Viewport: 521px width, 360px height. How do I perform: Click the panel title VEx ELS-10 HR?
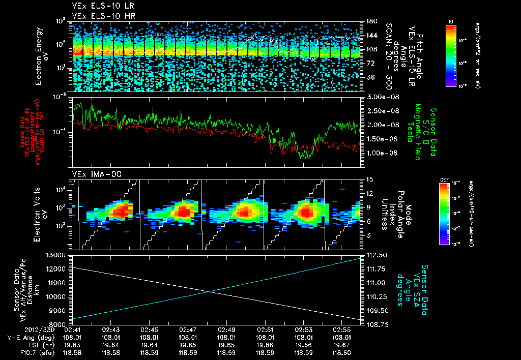pyautogui.click(x=98, y=16)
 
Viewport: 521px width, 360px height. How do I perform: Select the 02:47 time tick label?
pyautogui.click(x=188, y=329)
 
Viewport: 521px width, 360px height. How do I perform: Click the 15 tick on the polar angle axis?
pyautogui.click(x=366, y=179)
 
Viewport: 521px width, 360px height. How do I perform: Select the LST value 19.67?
pyautogui.click(x=345, y=344)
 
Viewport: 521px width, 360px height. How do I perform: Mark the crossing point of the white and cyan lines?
pyautogui.click(x=209, y=291)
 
